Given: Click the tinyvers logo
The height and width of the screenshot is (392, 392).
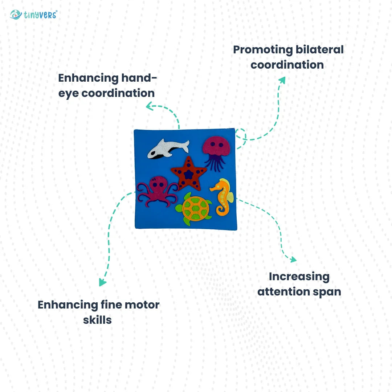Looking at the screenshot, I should click(x=33, y=15).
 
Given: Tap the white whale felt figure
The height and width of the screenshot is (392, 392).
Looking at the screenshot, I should click(x=168, y=148).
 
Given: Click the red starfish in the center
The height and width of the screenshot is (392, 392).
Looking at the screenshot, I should click(x=188, y=173).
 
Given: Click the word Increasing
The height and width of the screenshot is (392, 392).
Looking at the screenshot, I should click(x=299, y=277).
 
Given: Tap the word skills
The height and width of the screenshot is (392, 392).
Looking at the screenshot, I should click(x=97, y=320).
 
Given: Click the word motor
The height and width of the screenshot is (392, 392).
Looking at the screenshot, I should click(x=142, y=305).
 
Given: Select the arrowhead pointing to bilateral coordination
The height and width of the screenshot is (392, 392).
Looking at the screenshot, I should click(x=282, y=79).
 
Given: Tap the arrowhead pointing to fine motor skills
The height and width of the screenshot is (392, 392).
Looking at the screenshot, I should click(x=103, y=282).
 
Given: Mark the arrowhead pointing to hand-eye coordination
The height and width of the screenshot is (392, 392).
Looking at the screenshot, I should click(x=149, y=106).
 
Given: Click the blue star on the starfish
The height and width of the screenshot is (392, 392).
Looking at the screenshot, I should click(x=188, y=175).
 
